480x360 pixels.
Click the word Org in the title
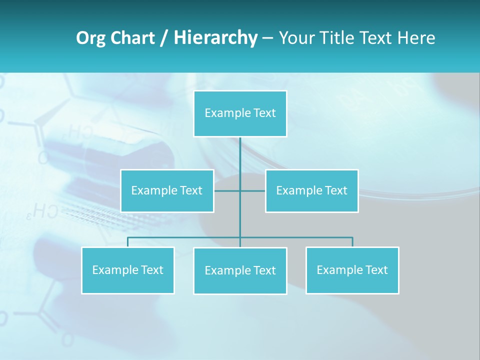(90, 38)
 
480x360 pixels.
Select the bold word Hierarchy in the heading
(215, 38)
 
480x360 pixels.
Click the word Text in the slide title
(378, 38)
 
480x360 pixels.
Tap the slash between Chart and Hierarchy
(164, 38)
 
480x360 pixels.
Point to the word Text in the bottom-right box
(376, 270)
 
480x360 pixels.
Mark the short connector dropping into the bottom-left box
(127, 242)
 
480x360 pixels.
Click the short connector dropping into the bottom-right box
(352, 242)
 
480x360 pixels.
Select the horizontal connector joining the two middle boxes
(240, 190)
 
